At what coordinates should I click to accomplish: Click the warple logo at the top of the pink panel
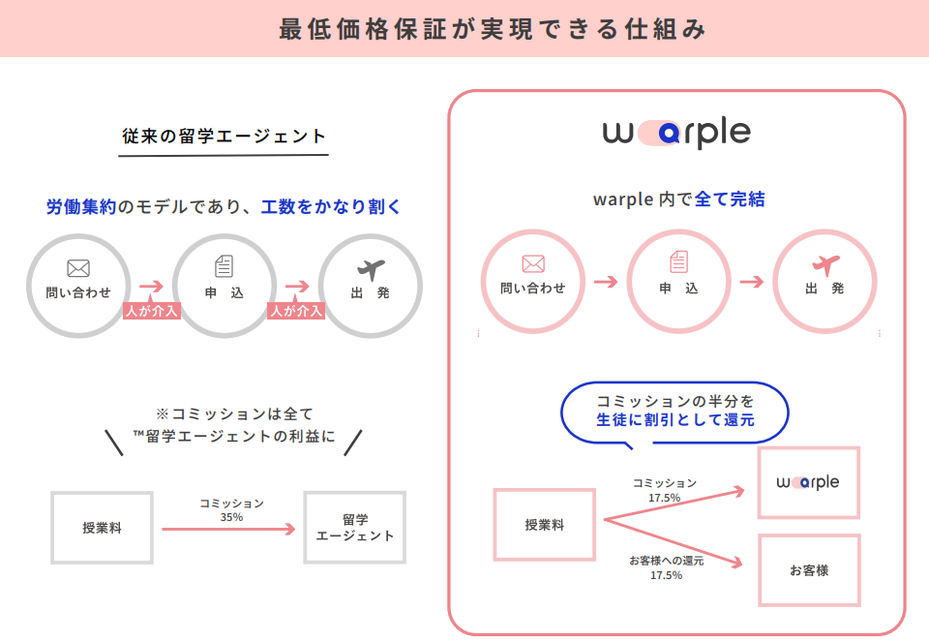click(676, 134)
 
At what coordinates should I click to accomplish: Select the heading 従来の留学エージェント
click(225, 137)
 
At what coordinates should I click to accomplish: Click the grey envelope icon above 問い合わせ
click(78, 268)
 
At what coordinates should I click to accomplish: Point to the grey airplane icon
click(371, 268)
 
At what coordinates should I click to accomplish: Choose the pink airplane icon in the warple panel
click(824, 264)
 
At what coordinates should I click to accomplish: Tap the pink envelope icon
click(533, 263)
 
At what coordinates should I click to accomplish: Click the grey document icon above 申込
click(225, 267)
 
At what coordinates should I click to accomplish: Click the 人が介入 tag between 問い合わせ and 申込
click(152, 312)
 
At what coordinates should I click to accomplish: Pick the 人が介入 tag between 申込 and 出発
click(296, 312)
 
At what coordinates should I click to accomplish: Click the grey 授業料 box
click(102, 528)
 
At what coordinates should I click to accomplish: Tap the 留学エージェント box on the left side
click(355, 528)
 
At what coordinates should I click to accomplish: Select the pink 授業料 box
click(544, 525)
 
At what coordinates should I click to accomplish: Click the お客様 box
click(809, 570)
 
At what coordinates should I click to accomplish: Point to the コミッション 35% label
click(231, 510)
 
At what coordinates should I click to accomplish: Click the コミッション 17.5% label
click(665, 490)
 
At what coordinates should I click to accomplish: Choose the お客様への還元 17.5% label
click(666, 567)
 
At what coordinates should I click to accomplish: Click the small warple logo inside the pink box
click(809, 482)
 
